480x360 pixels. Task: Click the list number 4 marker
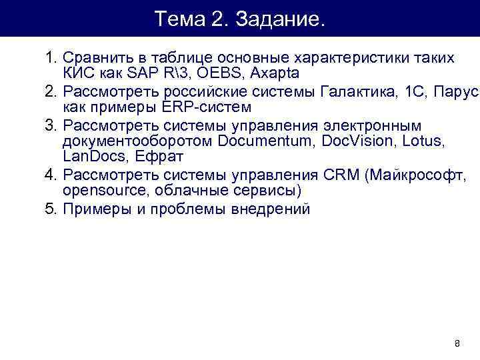(49, 175)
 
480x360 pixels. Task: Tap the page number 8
(457, 344)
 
